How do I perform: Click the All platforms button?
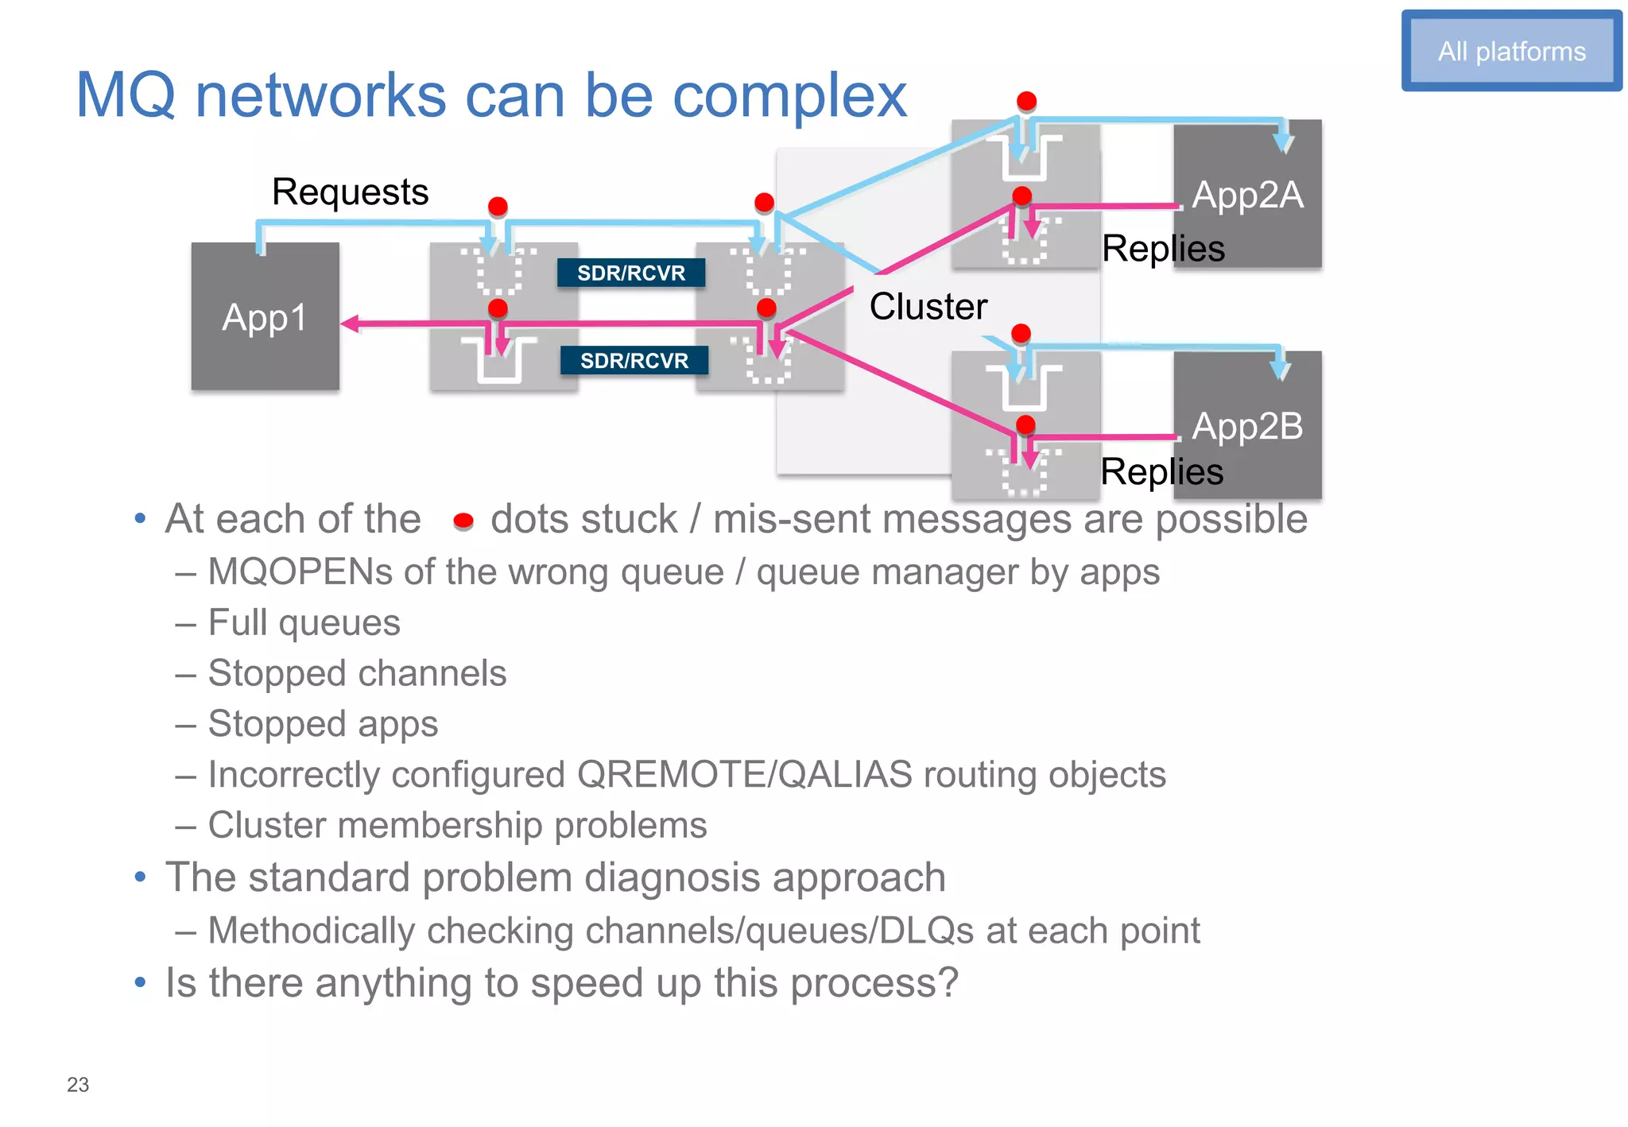(x=1511, y=51)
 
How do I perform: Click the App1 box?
(x=265, y=317)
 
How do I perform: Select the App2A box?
(x=1248, y=194)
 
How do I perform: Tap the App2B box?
(x=1248, y=426)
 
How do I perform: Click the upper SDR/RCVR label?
(x=630, y=273)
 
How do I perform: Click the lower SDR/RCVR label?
(x=634, y=360)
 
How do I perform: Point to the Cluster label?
(x=928, y=306)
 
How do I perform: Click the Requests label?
(x=350, y=192)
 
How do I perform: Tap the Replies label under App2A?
(x=1162, y=249)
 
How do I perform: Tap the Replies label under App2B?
(x=1161, y=472)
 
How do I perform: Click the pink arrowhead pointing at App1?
(x=350, y=323)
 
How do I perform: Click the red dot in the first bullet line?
(x=463, y=521)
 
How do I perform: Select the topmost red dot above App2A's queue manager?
(x=1026, y=101)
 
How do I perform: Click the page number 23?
(x=78, y=1084)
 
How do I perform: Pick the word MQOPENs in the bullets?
(x=300, y=571)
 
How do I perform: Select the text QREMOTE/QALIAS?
(x=744, y=774)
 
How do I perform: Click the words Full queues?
(x=304, y=622)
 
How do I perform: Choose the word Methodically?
(x=311, y=930)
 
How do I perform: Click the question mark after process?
(x=948, y=982)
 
